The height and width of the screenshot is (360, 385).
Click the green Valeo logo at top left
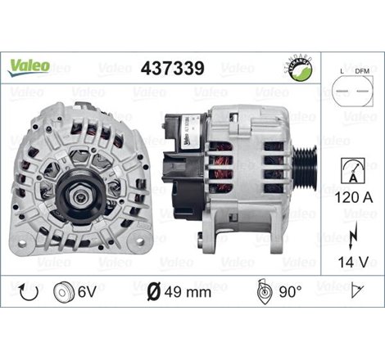pos(30,63)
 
